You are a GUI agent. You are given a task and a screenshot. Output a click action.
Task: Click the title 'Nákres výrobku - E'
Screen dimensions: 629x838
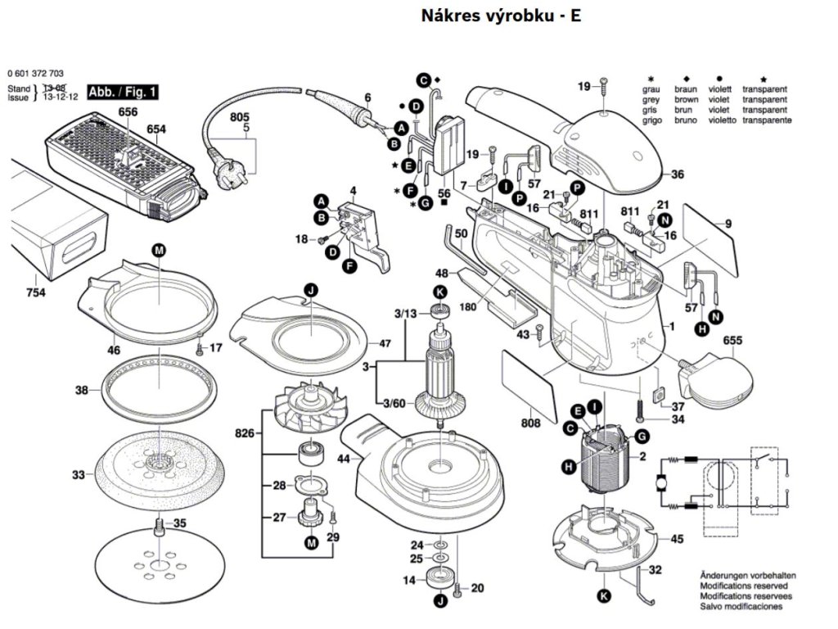501,16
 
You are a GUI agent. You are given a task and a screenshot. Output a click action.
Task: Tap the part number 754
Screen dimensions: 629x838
35,292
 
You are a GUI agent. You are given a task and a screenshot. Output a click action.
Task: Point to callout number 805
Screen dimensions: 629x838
240,117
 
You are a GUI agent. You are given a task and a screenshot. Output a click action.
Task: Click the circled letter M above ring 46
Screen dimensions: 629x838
158,250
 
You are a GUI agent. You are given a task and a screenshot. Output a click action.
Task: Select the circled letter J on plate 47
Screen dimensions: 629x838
311,290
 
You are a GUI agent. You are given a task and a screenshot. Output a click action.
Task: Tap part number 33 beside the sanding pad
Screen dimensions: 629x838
78,474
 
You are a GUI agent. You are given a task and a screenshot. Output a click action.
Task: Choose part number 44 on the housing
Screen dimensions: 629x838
344,459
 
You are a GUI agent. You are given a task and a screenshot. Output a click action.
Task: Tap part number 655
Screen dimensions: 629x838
732,339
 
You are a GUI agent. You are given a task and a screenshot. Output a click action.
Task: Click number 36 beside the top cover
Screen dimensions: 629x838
678,174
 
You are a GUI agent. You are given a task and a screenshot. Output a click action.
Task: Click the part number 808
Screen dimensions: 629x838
530,423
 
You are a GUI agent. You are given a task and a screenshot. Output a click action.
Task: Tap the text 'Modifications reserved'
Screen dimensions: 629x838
743,586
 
